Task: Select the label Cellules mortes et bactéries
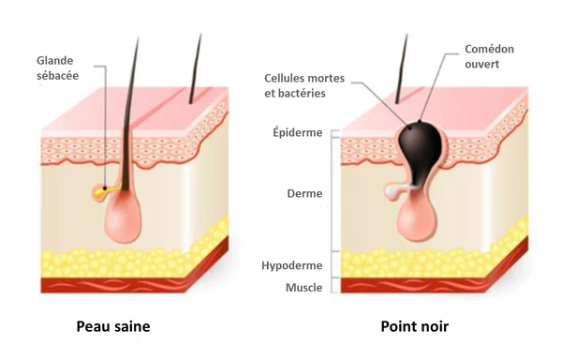coord(304,86)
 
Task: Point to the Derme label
coord(304,194)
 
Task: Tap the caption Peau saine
coord(112,327)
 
